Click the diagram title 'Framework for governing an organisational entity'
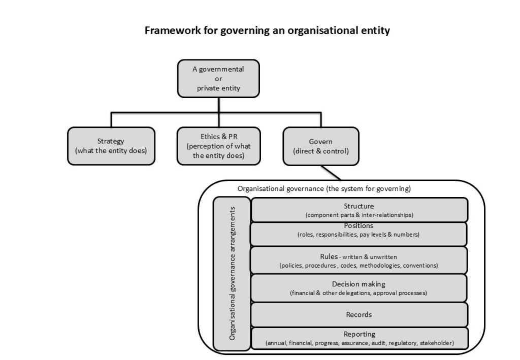[x=267, y=31]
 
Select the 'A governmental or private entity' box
[x=218, y=78]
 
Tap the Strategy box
[x=111, y=146]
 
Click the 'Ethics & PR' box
[x=218, y=146]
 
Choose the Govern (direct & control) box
[x=320, y=146]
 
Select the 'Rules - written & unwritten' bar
[x=359, y=260]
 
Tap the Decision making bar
[x=359, y=288]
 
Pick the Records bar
[x=359, y=314]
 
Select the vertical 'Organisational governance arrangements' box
[x=232, y=273]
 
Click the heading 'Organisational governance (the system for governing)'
[x=324, y=188]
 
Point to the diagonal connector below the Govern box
[x=332, y=173]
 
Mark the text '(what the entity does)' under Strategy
[x=111, y=151]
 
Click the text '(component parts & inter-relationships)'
[x=359, y=215]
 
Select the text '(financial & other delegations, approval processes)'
[x=359, y=293]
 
